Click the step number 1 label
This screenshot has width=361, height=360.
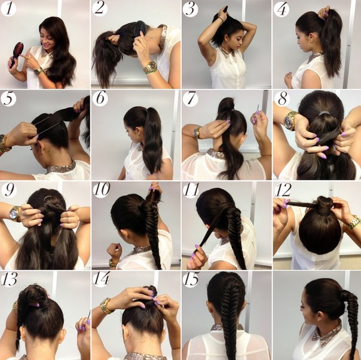click(8, 8)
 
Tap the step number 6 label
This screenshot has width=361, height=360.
click(100, 99)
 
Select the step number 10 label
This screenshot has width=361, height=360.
click(102, 189)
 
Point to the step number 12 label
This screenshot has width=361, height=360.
click(283, 189)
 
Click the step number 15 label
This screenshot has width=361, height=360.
click(191, 279)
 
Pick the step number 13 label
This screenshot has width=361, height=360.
click(9, 279)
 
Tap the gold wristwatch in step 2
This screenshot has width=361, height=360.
click(151, 67)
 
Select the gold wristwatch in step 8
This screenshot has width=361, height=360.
click(290, 120)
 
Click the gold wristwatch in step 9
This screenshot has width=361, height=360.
click(15, 214)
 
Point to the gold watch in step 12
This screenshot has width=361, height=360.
click(354, 221)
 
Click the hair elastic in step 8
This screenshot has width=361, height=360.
click(323, 113)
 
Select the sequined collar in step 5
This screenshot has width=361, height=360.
click(62, 167)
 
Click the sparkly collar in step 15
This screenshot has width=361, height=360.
click(227, 327)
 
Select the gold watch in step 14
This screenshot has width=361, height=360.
click(106, 306)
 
